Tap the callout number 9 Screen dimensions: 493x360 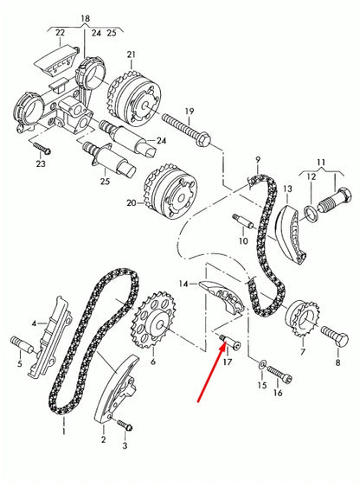tap(257, 159)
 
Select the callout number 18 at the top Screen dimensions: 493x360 tap(84, 18)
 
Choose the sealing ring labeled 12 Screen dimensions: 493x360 tap(311, 214)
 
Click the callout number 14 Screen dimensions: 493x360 tap(183, 283)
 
